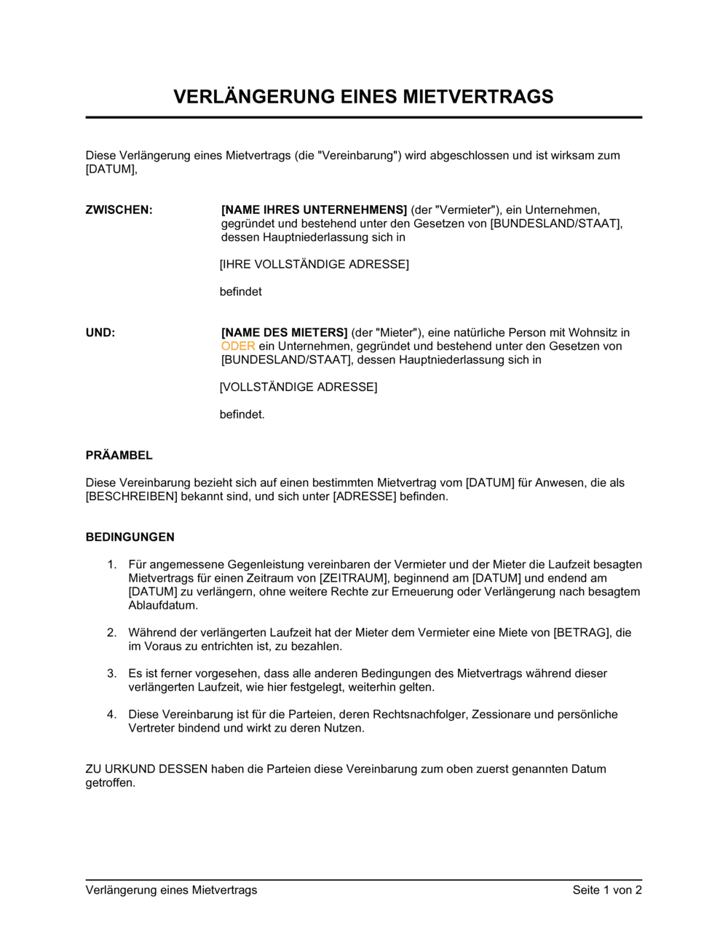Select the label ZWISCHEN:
119,210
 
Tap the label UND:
100,333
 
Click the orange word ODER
238,346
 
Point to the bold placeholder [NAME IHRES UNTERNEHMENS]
314,210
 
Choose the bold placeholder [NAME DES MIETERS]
284,333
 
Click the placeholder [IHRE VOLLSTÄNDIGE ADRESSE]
314,264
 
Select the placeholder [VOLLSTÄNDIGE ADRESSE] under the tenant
298,387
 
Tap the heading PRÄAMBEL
119,456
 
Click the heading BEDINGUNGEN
130,537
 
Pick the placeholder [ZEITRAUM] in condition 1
353,578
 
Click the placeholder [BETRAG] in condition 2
582,633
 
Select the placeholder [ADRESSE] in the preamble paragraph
365,496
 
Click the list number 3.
111,673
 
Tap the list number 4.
111,715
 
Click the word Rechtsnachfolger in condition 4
422,715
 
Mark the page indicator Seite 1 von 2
607,890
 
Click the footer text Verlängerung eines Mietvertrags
171,890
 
